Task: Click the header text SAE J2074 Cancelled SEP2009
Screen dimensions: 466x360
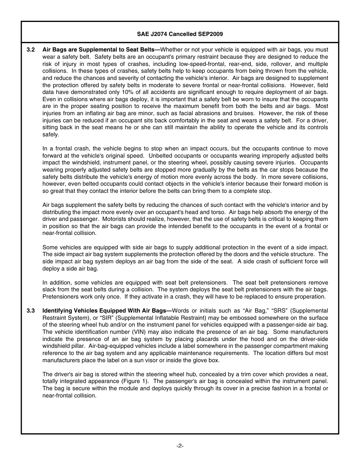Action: click(180, 34)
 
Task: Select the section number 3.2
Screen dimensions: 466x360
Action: click(31, 50)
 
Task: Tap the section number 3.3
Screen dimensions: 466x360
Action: click(31, 311)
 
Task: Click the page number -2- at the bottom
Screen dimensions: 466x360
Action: click(180, 446)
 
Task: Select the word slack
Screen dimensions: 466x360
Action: click(49, 289)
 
